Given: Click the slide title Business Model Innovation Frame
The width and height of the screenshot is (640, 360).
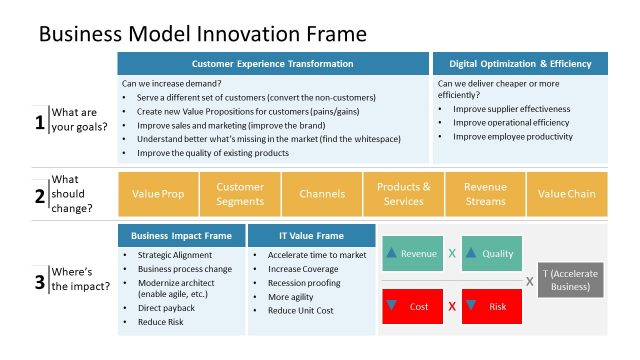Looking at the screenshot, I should [x=202, y=33].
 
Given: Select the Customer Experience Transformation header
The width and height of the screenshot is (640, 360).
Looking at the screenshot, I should [x=272, y=64].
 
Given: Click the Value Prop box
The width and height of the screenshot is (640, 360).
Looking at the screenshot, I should [x=158, y=193].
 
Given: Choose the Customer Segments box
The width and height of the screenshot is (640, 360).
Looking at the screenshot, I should [x=240, y=193].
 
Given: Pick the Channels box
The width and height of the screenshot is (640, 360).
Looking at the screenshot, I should [x=321, y=193].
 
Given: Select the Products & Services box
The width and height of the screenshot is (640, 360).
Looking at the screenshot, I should [x=403, y=193].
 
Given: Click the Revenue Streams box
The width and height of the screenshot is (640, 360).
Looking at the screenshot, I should [x=485, y=193].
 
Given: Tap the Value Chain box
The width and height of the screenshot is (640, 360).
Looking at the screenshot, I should [x=566, y=193].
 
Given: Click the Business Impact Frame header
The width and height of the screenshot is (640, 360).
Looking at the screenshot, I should [x=182, y=236].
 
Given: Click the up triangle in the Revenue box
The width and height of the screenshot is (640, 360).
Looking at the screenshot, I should [x=392, y=253].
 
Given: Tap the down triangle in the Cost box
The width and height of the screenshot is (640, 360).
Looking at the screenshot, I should [x=392, y=304].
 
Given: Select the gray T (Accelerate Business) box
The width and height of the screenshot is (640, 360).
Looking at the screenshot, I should [x=571, y=279].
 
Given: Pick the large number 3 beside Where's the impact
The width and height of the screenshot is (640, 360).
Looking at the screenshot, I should [x=40, y=282].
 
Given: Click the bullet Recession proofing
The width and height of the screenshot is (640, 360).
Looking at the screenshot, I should [x=303, y=282].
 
